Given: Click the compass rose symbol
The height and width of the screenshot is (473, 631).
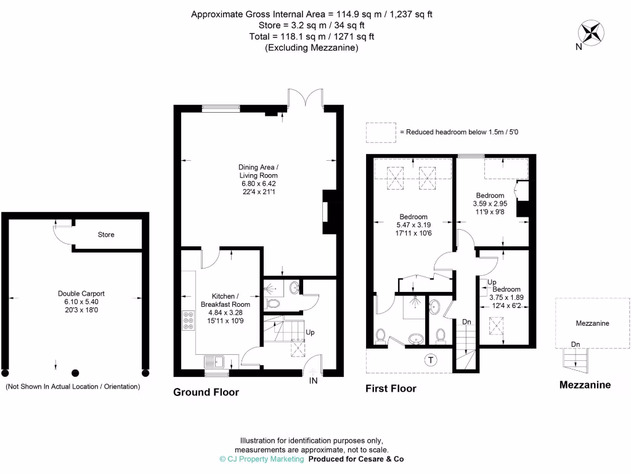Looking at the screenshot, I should [590, 31].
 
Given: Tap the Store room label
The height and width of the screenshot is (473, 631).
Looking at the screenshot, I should [106, 235].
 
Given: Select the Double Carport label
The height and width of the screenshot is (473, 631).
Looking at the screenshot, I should [78, 294].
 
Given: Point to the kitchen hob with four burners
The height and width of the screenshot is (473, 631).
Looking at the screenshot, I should [187, 321].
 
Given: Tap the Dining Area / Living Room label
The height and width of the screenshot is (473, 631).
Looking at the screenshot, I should [259, 171].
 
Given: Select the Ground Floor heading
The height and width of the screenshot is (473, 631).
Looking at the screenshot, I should [206, 392].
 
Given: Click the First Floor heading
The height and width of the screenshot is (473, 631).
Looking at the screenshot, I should [391, 389].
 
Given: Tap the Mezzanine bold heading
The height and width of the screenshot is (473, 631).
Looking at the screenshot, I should [585, 385].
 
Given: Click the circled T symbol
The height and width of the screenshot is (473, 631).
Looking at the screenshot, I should [429, 360].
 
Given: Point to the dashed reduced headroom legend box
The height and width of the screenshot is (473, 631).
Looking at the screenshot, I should [381, 132].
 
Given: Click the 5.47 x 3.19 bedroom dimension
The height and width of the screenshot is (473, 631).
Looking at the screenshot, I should [413, 225].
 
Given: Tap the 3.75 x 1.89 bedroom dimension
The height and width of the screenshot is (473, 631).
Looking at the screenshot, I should [506, 297].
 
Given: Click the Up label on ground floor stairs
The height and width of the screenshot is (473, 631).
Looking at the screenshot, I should [310, 332].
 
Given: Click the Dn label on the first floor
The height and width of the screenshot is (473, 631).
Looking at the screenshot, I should [467, 322].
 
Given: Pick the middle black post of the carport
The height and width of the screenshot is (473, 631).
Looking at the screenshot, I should [76, 373].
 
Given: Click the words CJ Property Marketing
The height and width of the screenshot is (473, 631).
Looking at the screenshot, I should [266, 459].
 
